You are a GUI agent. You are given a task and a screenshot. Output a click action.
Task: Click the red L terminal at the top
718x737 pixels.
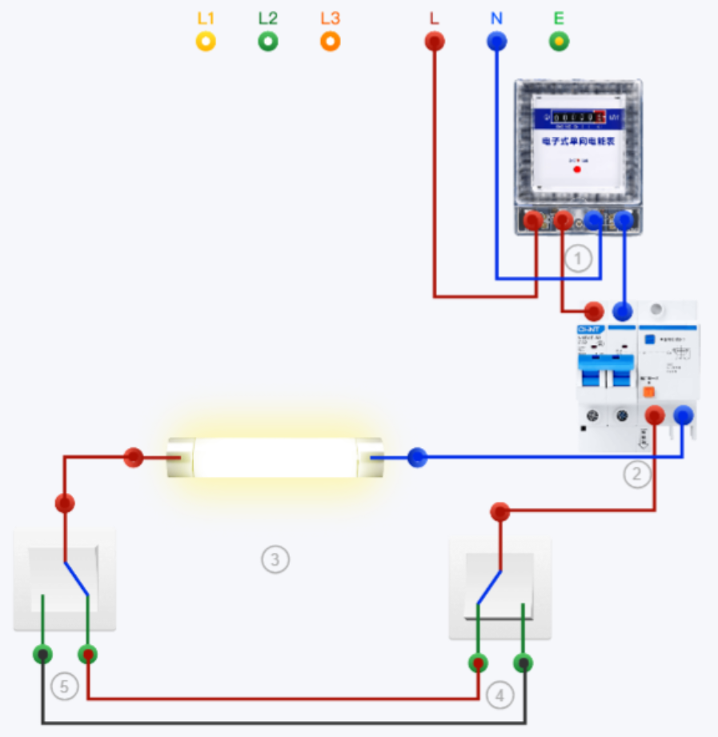point(435,42)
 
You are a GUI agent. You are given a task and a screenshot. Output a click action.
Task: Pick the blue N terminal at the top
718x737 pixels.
point(497,42)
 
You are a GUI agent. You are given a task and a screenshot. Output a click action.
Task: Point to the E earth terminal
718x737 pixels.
point(560,42)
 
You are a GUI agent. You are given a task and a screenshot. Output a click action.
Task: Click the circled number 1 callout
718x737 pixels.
point(577,258)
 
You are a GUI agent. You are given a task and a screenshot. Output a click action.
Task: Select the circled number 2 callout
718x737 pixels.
point(637,475)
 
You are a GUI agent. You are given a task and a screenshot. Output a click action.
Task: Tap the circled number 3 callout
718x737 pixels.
point(275,559)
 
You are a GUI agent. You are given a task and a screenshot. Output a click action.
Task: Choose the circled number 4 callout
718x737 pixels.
point(499,695)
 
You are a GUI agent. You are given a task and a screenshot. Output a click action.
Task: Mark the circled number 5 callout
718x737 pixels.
point(64,686)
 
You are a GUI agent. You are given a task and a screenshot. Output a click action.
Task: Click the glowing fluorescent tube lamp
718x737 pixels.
point(275,458)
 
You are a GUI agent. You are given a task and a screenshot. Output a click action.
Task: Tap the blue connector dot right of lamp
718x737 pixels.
point(417,458)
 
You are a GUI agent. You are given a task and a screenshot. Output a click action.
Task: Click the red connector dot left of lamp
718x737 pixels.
point(134,458)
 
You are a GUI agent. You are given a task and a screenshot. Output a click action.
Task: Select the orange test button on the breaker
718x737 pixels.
point(649,393)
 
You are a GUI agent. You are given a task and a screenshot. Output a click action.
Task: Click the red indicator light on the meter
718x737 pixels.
point(577,170)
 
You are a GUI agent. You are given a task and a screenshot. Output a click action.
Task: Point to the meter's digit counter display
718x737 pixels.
point(576,118)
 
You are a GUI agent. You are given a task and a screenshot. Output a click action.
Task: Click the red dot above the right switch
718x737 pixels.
point(500,511)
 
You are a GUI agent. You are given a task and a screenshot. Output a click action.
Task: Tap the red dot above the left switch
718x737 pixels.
point(65,503)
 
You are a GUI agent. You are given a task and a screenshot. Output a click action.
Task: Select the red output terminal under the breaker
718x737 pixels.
point(655,415)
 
